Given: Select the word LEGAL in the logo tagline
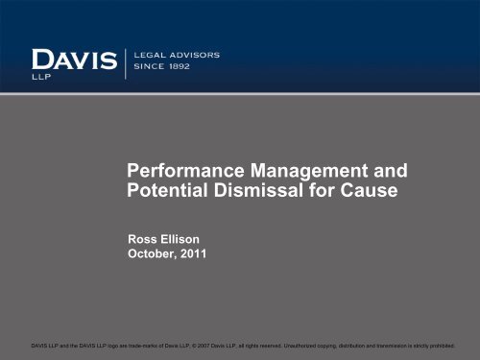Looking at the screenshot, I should [x=155, y=55].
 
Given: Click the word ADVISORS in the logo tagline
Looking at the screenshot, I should [x=199, y=55].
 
